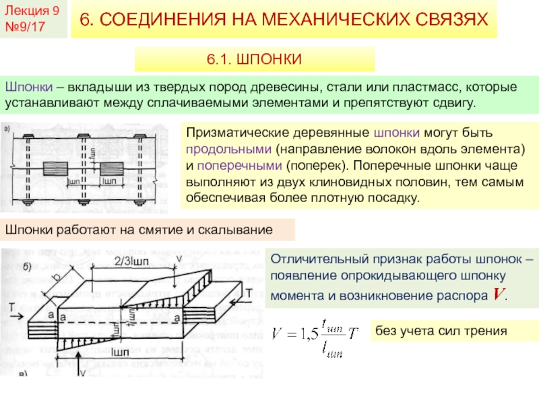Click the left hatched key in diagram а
point(53,166)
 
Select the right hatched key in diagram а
point(111,166)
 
